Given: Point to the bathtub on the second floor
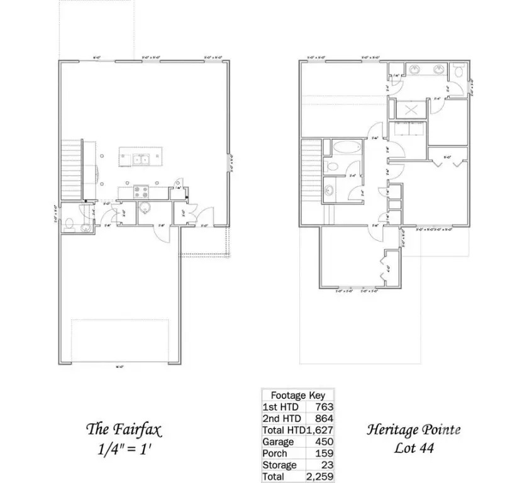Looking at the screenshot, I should pos(347,150).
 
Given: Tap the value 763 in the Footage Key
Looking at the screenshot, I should pos(325,407).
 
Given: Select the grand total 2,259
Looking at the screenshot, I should pos(320,477).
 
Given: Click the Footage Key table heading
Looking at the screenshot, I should pos(297,396).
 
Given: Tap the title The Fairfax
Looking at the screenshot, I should pos(124,430).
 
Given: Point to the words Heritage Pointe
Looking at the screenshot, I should pos(413,430).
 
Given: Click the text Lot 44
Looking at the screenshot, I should pos(413,449).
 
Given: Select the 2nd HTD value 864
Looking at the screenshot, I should pos(325,418).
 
